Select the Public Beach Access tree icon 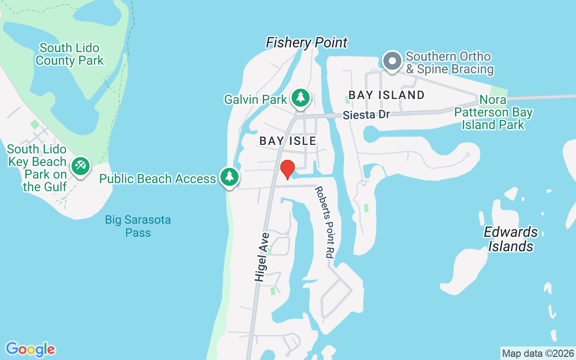coord(229,177)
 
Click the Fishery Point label coord(306,43)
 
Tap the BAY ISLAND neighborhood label coord(387,95)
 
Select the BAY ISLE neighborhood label coord(288,141)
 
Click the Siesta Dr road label coord(366,115)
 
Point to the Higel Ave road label coord(261,257)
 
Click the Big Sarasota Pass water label coord(138,226)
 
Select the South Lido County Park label coord(69,54)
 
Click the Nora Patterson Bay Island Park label coord(494,112)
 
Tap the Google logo coord(30,349)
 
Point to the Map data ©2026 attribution coord(538,353)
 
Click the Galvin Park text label coord(256,99)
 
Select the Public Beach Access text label coord(157,179)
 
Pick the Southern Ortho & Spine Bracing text coord(450,63)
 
